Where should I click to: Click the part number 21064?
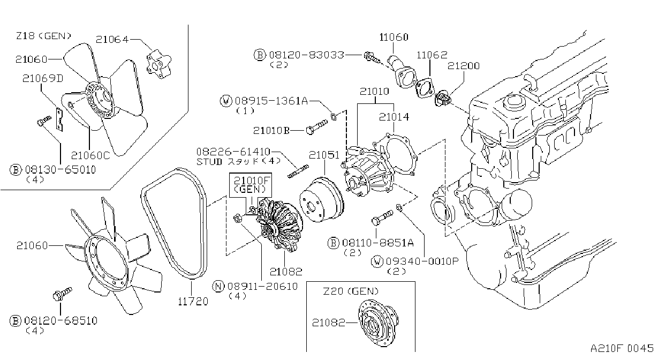(112, 40)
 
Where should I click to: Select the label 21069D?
(43, 78)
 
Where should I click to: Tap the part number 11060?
(394, 37)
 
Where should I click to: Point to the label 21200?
(464, 66)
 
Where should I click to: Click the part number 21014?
(394, 117)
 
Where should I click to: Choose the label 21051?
(324, 155)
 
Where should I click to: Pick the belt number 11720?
(193, 301)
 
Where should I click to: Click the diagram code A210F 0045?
(622, 348)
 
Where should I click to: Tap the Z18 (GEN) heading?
(43, 36)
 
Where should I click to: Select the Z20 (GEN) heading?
(351, 291)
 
